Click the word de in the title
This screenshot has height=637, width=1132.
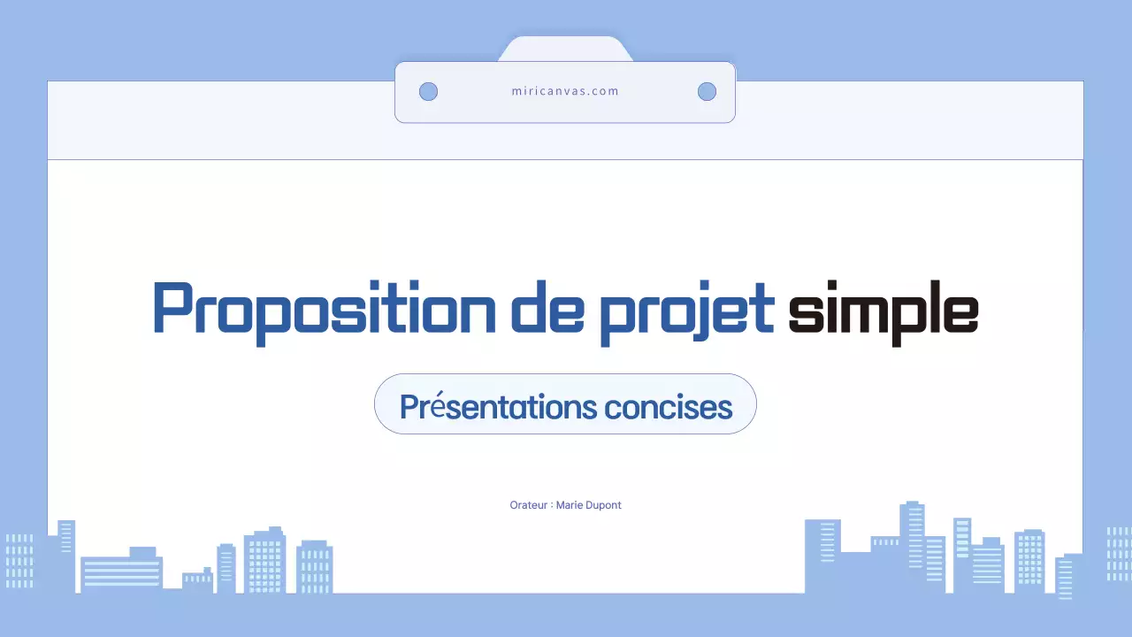(x=547, y=308)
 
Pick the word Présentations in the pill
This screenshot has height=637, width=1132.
(x=498, y=407)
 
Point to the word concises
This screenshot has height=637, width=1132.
(x=669, y=408)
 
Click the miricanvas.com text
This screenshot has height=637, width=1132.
(x=565, y=91)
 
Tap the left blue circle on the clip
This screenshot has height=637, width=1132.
(x=428, y=91)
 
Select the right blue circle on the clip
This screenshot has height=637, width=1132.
(x=707, y=91)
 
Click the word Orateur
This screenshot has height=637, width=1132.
(x=529, y=505)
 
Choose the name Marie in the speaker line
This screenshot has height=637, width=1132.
(x=570, y=505)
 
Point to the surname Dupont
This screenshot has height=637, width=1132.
(x=603, y=505)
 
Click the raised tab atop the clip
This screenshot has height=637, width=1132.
(x=565, y=50)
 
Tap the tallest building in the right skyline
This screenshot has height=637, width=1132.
(x=912, y=540)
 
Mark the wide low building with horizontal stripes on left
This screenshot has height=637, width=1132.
(x=121, y=572)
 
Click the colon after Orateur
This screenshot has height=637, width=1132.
(x=551, y=506)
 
